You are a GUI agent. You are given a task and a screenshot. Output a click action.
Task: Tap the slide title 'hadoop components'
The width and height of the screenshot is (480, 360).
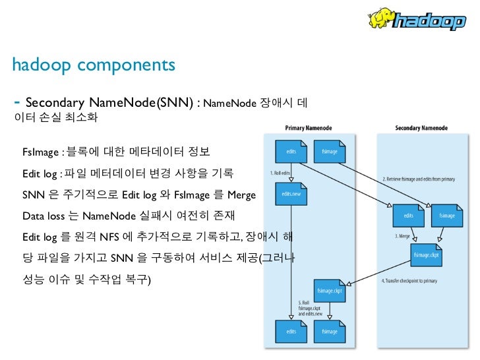(x=94, y=65)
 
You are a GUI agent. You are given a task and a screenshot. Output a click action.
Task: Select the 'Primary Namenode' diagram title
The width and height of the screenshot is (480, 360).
(x=308, y=127)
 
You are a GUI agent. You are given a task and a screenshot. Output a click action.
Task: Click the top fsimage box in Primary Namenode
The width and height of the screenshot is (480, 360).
(x=330, y=151)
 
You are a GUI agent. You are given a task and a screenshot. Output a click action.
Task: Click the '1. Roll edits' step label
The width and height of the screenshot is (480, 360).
(x=280, y=173)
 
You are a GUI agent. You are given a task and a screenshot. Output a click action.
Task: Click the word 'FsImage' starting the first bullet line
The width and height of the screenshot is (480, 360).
(x=40, y=153)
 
